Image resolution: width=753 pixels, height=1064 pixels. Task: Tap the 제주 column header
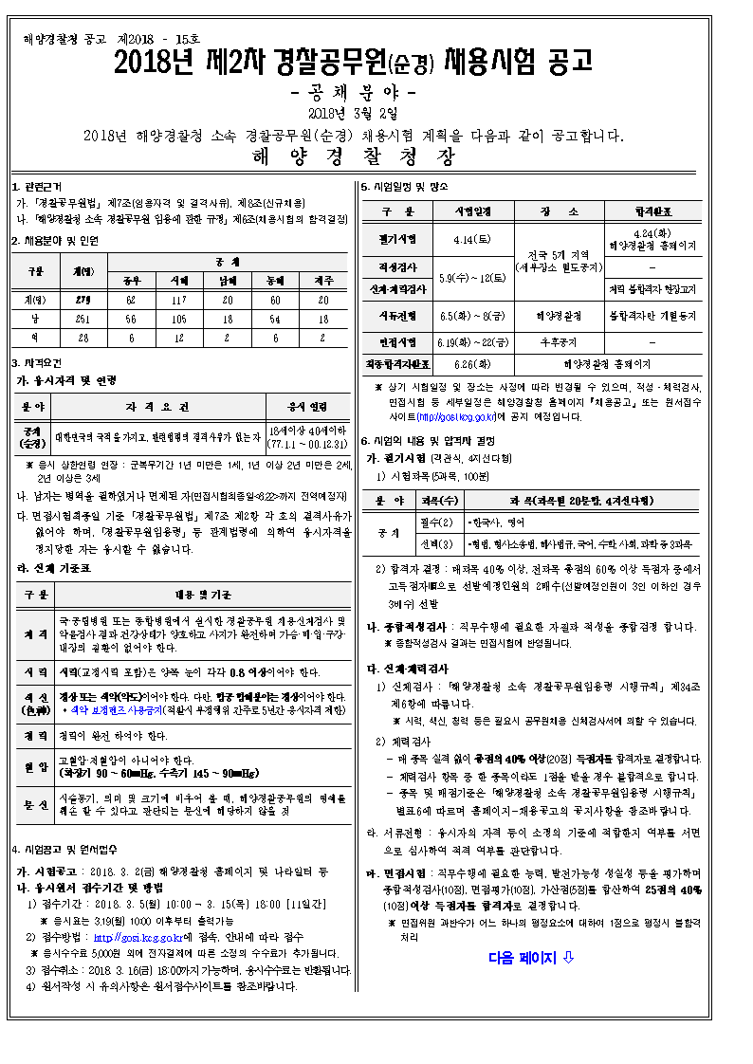coord(322,280)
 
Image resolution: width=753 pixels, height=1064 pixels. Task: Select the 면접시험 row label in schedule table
coord(396,340)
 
